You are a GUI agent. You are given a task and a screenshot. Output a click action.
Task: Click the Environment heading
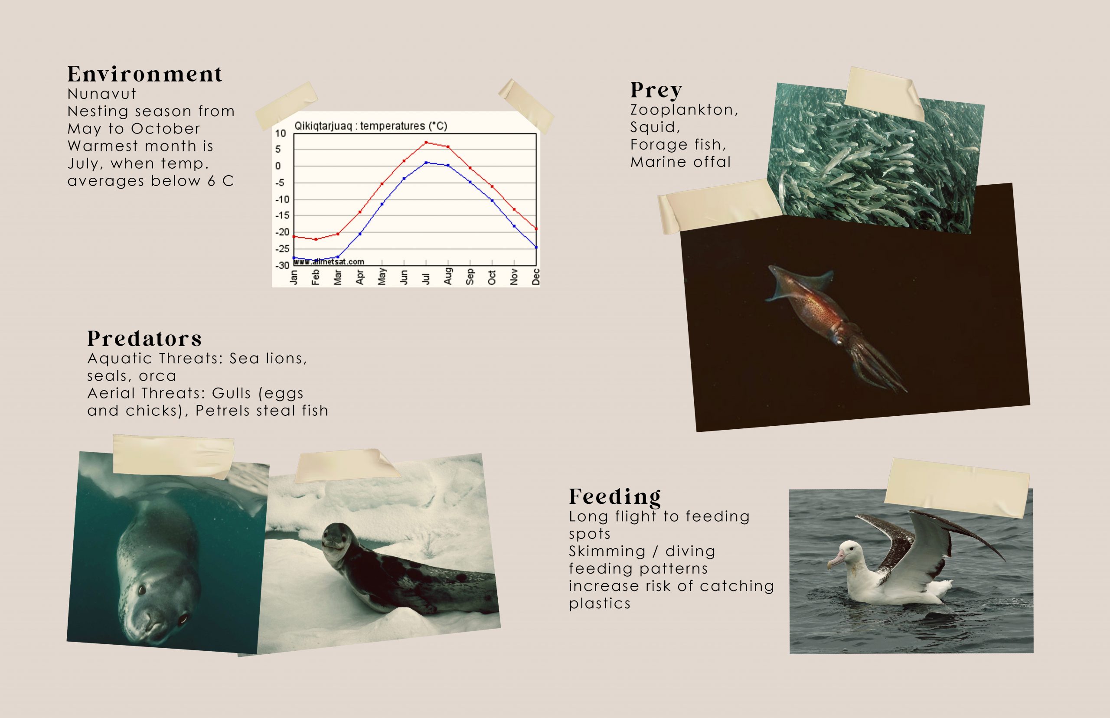pyautogui.click(x=145, y=74)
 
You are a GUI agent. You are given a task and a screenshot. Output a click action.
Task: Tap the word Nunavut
pyautogui.click(x=102, y=94)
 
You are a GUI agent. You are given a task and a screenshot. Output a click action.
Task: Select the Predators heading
pyautogui.click(x=144, y=339)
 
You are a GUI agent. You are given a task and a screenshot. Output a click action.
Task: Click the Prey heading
pyautogui.click(x=656, y=91)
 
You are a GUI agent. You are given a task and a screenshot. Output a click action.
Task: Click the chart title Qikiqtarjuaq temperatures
pyautogui.click(x=371, y=126)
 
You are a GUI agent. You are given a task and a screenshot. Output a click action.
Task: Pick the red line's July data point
pyautogui.click(x=426, y=142)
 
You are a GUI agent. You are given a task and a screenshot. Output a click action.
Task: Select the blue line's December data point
pyautogui.click(x=536, y=247)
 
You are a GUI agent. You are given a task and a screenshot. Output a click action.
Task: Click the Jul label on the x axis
pyautogui.click(x=426, y=277)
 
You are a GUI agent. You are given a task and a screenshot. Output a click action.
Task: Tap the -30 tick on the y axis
pyautogui.click(x=281, y=265)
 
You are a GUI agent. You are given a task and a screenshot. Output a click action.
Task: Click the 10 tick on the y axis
pyautogui.click(x=280, y=134)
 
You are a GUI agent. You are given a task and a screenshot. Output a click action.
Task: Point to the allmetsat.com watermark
pyautogui.click(x=330, y=262)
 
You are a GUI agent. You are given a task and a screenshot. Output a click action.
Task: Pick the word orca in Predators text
pyautogui.click(x=157, y=376)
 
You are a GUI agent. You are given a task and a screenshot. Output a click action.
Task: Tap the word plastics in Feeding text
pyautogui.click(x=600, y=603)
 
